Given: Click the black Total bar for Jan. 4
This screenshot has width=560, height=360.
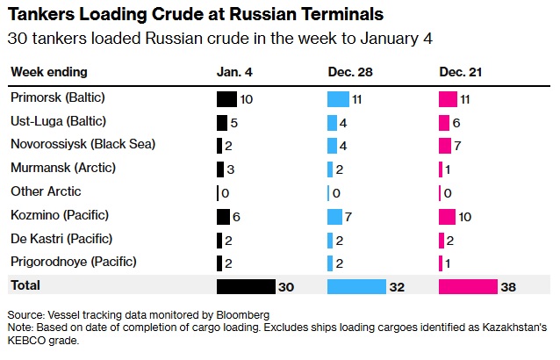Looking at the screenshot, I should click(246, 286).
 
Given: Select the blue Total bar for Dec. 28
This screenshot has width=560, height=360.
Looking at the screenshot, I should click(356, 286).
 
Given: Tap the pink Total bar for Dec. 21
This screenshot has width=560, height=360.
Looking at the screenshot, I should click(468, 286).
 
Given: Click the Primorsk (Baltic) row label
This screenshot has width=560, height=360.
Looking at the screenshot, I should click(52, 99).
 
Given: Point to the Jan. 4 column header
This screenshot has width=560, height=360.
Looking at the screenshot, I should click(234, 71).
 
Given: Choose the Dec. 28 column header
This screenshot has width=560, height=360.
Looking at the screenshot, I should click(348, 71).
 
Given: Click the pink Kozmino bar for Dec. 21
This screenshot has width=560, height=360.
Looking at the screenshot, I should click(447, 216).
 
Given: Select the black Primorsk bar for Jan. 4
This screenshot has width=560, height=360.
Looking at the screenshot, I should click(226, 99).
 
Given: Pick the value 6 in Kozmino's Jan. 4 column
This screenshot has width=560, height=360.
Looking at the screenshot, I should click(235, 216).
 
